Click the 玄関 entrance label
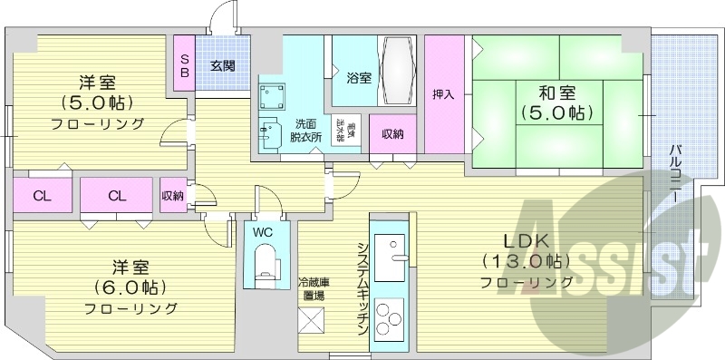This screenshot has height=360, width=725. [222, 65]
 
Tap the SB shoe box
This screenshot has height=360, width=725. [184, 65]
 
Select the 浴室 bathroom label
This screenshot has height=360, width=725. [359, 77]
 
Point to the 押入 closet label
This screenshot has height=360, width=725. [443, 93]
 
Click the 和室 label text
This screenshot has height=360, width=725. [556, 92]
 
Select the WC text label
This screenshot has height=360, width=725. [263, 231]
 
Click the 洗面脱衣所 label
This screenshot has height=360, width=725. [305, 130]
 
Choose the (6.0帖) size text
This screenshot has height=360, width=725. [130, 288]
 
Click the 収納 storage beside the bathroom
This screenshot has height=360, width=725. [392, 134]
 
